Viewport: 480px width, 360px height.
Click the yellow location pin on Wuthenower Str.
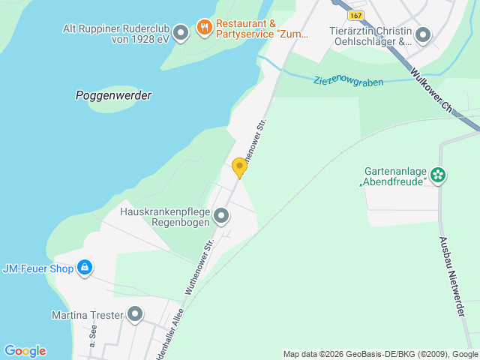(x=239, y=167)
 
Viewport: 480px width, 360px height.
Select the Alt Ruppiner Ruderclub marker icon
(x=180, y=32)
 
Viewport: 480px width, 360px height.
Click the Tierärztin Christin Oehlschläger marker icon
(x=423, y=34)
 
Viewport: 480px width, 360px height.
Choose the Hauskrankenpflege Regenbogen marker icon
(x=221, y=217)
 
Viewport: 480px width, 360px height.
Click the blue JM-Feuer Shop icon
(x=85, y=268)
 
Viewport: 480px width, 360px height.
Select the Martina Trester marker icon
(x=135, y=315)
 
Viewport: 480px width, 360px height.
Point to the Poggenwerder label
(x=114, y=95)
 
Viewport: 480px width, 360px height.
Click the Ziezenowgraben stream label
(x=349, y=80)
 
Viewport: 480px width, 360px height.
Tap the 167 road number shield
(x=357, y=15)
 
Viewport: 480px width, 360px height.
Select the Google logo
(x=25, y=351)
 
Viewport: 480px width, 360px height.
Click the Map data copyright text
(x=380, y=354)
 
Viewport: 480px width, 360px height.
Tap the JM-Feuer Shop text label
(x=37, y=268)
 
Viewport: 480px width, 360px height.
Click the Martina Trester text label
(x=87, y=315)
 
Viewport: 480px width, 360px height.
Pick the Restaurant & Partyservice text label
(x=252, y=28)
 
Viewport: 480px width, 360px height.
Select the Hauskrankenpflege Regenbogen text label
(x=164, y=217)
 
